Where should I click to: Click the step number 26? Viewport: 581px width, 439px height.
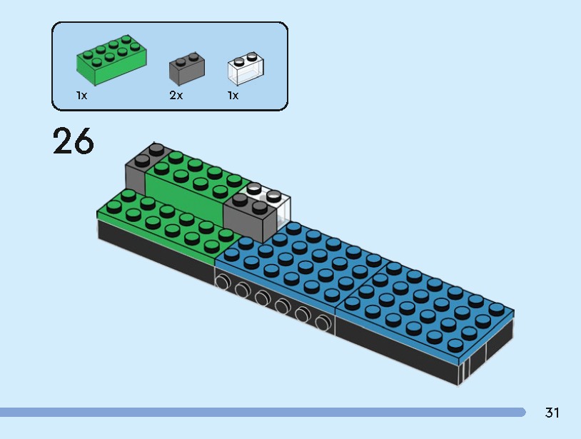pyautogui.click(x=73, y=141)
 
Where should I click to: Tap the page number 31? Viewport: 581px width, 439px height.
pyautogui.click(x=552, y=413)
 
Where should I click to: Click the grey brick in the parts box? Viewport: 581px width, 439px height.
pyautogui.click(x=187, y=69)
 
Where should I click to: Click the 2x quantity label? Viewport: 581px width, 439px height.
pyautogui.click(x=176, y=96)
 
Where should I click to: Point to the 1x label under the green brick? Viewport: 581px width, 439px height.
pyautogui.click(x=82, y=96)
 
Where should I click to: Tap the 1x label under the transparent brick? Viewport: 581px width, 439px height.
pyautogui.click(x=233, y=96)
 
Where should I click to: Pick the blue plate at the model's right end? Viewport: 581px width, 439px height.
pyautogui.click(x=428, y=307)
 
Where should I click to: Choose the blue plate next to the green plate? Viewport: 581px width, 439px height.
pyautogui.click(x=300, y=261)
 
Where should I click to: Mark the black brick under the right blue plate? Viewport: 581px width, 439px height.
pyautogui.click(x=400, y=350)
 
